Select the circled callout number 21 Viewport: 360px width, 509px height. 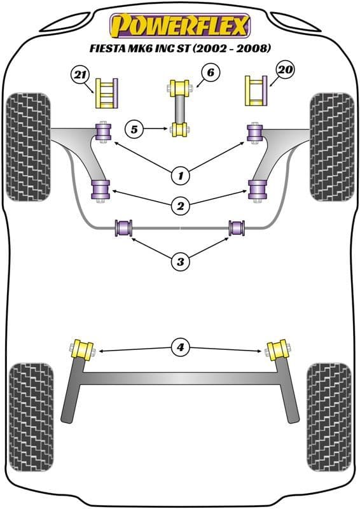click(80, 77)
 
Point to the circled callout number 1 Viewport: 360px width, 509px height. click(180, 173)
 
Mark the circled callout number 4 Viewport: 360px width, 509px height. click(180, 347)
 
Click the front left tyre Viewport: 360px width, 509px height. click(28, 146)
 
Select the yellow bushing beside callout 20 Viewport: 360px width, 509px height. click(256, 91)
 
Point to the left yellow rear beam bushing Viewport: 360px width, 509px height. click(83, 350)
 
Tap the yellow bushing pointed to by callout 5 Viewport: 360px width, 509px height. click(180, 130)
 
